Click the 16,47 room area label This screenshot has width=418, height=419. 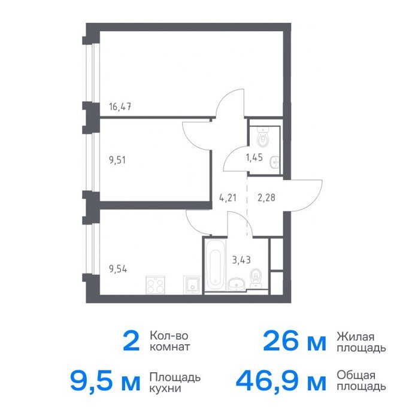(120, 107)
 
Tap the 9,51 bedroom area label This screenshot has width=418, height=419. (117, 160)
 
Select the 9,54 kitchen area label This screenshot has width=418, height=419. (118, 269)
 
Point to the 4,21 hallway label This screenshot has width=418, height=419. (228, 198)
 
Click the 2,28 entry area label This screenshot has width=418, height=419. (266, 198)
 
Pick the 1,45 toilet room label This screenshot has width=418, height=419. (254, 157)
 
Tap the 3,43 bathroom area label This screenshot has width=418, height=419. (241, 260)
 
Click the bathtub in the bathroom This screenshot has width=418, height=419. (215, 265)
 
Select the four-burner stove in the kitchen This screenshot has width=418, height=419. (155, 285)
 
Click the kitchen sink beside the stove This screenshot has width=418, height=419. (192, 285)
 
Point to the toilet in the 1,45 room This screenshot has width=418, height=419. (263, 137)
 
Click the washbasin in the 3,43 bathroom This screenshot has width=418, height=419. (237, 284)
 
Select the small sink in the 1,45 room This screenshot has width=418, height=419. (274, 162)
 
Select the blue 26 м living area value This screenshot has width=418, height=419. (295, 341)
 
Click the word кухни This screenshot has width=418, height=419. (165, 388)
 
